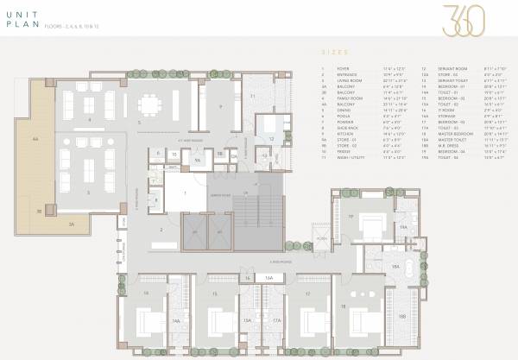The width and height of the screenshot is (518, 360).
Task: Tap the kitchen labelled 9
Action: pyautogui.click(x=223, y=107)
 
